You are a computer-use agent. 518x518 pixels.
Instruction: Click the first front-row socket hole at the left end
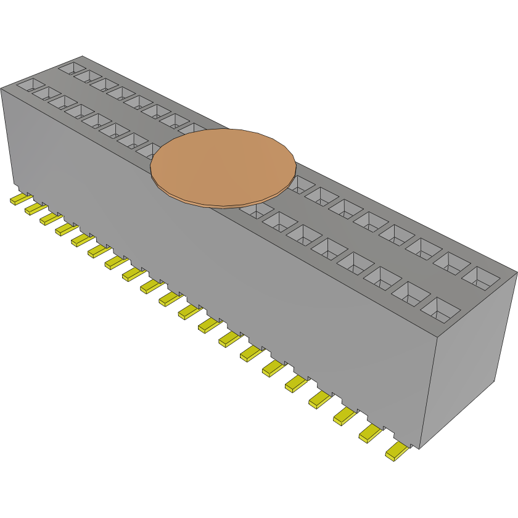(30, 85)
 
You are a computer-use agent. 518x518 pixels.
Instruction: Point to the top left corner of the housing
(2, 88)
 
